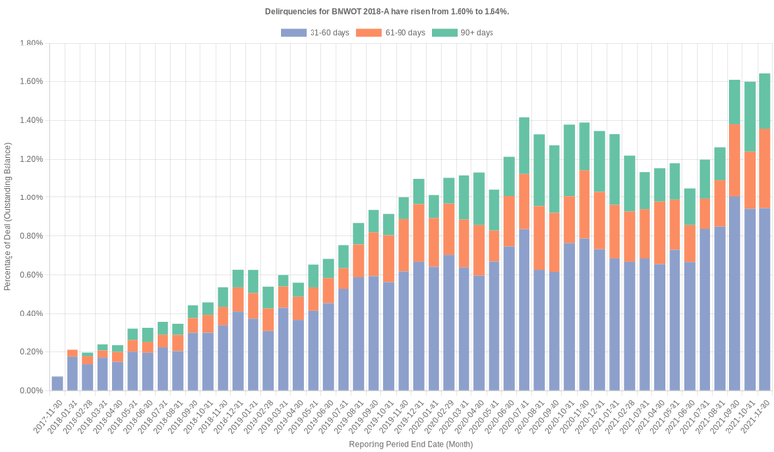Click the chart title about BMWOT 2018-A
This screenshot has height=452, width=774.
coord(387,11)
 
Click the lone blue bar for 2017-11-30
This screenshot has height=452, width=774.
coord(57,383)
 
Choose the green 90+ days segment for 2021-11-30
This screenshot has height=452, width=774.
coord(764,102)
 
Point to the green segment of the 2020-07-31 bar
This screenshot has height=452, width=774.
coord(523,145)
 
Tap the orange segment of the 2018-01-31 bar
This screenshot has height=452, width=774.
coord(73,354)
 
